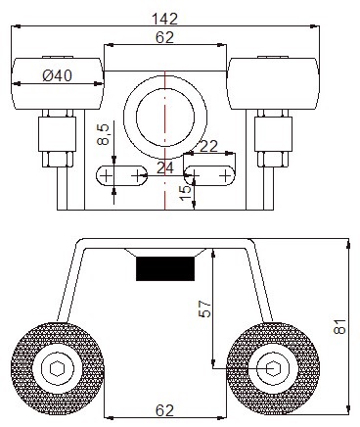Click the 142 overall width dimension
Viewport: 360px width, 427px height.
pyautogui.click(x=165, y=19)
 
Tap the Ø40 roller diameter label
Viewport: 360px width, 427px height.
pyautogui.click(x=58, y=76)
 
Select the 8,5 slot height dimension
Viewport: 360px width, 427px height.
pyautogui.click(x=103, y=134)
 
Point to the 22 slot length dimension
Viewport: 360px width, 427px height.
pyautogui.click(x=208, y=146)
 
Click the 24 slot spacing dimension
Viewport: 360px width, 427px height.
pyautogui.click(x=165, y=168)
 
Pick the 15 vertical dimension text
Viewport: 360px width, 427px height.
pyautogui.click(x=186, y=193)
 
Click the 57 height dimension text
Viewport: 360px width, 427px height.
pyautogui.click(x=204, y=308)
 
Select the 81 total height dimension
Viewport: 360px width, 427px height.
pyautogui.click(x=339, y=326)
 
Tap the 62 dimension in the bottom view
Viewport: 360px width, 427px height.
pyautogui.click(x=164, y=410)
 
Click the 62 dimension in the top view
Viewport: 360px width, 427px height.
pyautogui.click(x=164, y=37)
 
